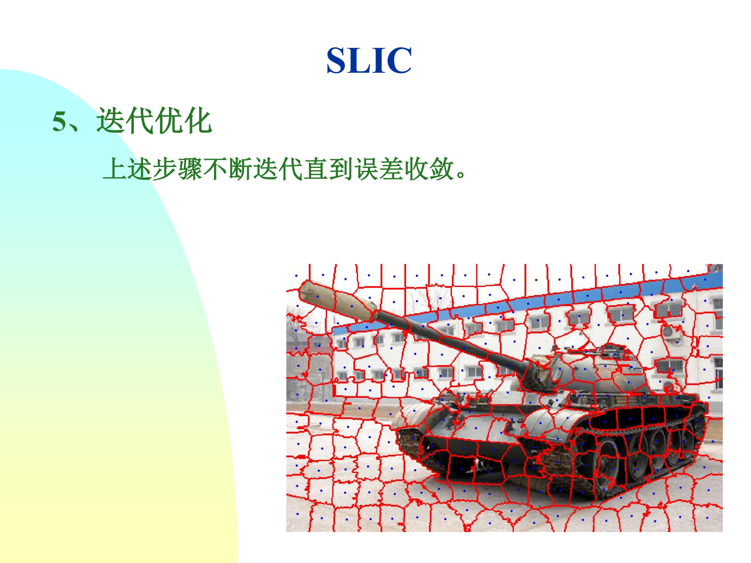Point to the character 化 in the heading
198,121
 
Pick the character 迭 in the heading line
110,121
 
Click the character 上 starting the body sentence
115,169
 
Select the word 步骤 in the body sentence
177,169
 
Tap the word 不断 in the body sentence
228,169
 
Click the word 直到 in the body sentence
328,169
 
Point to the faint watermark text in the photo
655,523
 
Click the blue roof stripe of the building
527,301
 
